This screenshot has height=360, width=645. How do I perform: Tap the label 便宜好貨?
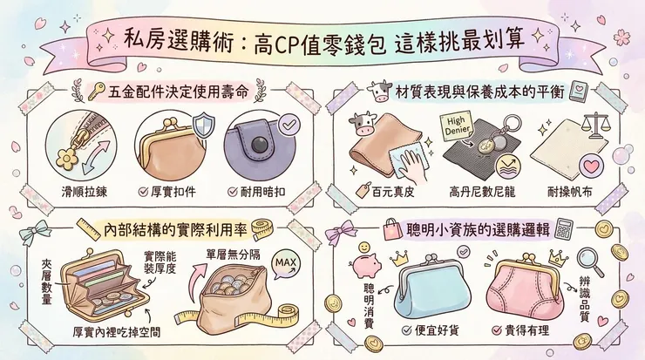coord(432,332)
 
